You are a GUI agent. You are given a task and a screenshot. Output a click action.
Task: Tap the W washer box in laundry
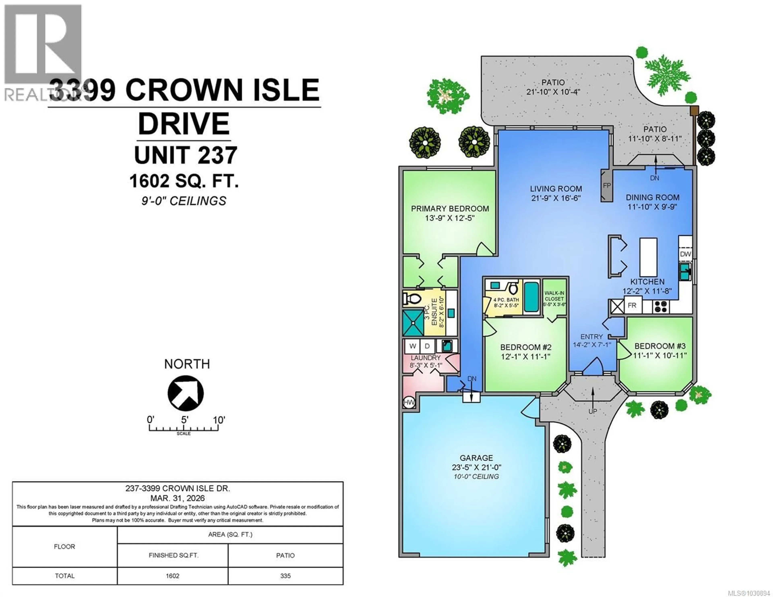click(412, 346)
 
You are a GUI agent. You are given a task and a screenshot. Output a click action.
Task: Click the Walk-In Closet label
click(554, 296)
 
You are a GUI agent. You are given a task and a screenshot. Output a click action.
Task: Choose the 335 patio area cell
click(285, 576)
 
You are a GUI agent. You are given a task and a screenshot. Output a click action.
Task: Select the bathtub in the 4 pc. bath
click(531, 297)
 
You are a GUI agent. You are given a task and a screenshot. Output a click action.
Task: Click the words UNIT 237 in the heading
click(185, 155)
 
